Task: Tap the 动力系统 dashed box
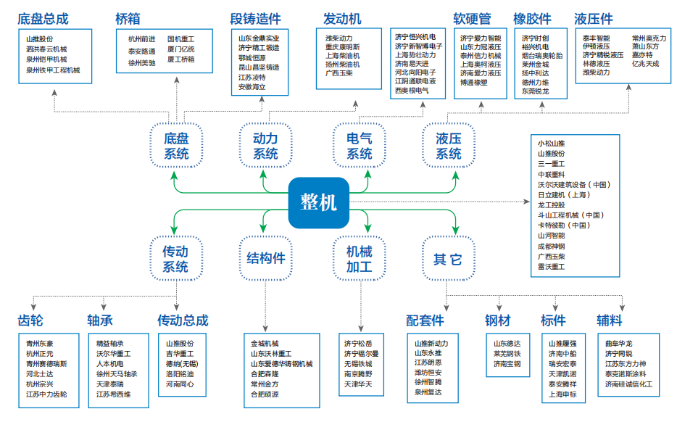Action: coord(265,145)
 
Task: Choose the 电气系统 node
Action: coord(360,145)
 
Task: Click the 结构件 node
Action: coord(266,258)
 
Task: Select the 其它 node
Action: coord(447,258)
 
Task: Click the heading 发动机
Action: coord(342,18)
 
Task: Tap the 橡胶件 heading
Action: coord(532,18)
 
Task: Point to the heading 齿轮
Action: coord(30,320)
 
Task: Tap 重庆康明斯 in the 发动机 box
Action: coord(342,47)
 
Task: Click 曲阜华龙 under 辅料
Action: coord(618,343)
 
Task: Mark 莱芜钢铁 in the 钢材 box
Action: coord(507,354)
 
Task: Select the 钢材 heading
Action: coord(498,320)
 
